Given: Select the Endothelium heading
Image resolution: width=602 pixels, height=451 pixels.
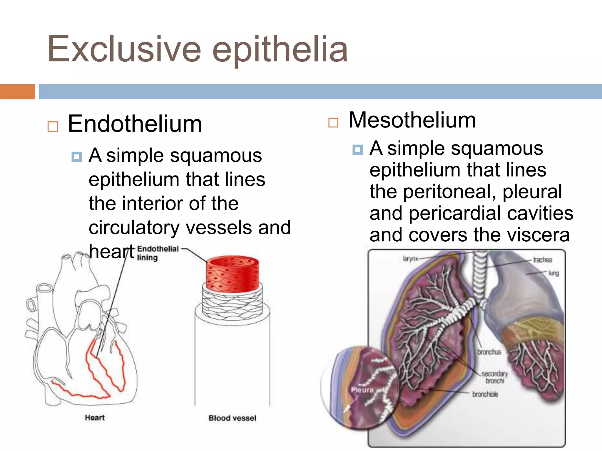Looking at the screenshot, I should point(135,124).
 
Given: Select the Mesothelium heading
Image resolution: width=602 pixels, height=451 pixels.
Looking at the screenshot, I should point(412,120).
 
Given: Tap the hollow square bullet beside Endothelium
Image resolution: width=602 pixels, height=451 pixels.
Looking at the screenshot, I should point(53,127).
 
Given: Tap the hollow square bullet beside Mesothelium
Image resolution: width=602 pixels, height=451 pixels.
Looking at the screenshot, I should point(333,122).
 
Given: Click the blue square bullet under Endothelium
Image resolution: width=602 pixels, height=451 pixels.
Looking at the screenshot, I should point(77,157).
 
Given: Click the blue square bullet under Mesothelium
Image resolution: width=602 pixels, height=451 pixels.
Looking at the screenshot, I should point(357,150).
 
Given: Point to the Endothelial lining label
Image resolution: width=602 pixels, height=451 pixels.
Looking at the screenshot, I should point(158,253).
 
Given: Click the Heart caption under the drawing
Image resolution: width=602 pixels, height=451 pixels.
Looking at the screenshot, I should point(95,418).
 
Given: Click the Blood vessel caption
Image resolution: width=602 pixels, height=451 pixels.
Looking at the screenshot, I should point(232,418).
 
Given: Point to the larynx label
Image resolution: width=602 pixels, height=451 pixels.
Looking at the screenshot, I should point(410,259).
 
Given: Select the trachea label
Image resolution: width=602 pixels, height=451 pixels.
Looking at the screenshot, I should point(543,260).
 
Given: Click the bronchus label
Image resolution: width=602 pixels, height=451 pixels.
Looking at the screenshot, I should point(489,352).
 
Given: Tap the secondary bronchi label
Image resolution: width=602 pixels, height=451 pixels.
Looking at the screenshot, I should point(495,377).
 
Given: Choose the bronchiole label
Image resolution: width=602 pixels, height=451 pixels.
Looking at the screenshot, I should point(485,394).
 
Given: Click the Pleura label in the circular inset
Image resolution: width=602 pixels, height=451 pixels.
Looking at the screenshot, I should point(362,390).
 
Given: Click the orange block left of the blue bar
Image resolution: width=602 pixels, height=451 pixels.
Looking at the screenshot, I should point(17,92).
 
